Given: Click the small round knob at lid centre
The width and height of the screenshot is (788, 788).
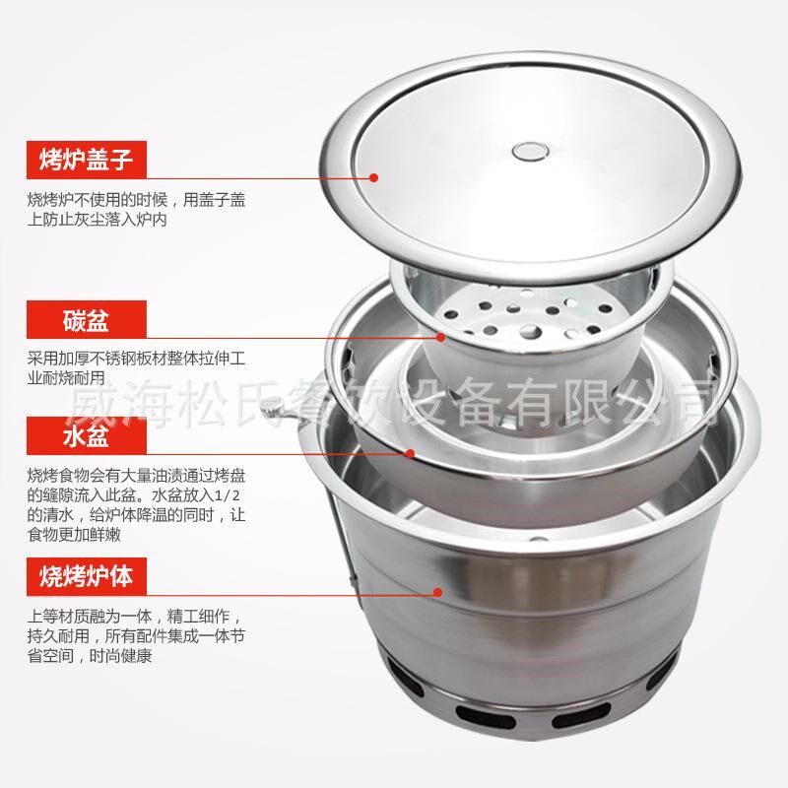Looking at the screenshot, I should (x=533, y=151).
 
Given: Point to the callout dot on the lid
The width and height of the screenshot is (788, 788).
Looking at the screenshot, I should (x=374, y=177).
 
